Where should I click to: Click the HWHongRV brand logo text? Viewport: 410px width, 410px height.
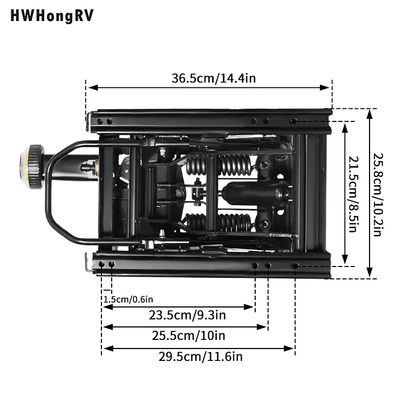pyautogui.click(x=52, y=16)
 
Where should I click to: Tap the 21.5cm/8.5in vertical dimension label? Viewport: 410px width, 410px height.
pyautogui.click(x=352, y=194)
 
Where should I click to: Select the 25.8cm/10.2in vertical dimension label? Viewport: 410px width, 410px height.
pyautogui.click(x=377, y=194)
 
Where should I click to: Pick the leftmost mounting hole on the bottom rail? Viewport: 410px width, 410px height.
pyautogui.click(x=101, y=264)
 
